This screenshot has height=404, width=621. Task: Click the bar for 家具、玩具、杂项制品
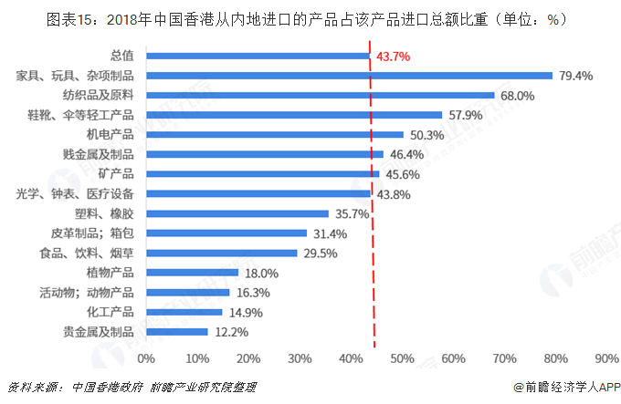pyautogui.click(x=349, y=76)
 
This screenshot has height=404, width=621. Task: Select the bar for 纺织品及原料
pyautogui.click(x=320, y=95)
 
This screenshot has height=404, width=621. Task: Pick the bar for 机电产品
pyautogui.click(x=274, y=134)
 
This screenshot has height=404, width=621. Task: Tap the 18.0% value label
pyautogui.click(x=259, y=273)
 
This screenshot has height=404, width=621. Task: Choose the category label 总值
pyautogui.click(x=121, y=56)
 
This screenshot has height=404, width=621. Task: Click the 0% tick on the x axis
pyautogui.click(x=146, y=357)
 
